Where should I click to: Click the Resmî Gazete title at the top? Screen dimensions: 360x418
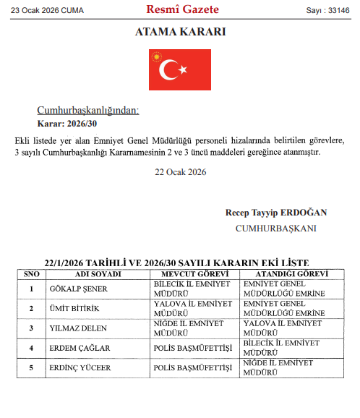182,9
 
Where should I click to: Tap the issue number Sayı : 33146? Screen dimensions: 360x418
327,10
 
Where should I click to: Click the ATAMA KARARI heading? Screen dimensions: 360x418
180,33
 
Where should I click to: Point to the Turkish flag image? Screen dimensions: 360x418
180,69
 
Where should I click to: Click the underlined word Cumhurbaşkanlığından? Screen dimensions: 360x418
87,111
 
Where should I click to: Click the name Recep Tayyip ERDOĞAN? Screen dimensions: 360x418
276,213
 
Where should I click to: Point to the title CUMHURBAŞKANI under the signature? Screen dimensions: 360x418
275,228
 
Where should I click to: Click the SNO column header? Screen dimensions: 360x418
32,275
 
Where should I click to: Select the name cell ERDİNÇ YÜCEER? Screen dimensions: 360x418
80,367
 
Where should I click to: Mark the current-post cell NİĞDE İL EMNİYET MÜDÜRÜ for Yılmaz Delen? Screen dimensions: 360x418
189,328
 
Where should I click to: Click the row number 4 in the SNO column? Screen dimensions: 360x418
32,348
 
